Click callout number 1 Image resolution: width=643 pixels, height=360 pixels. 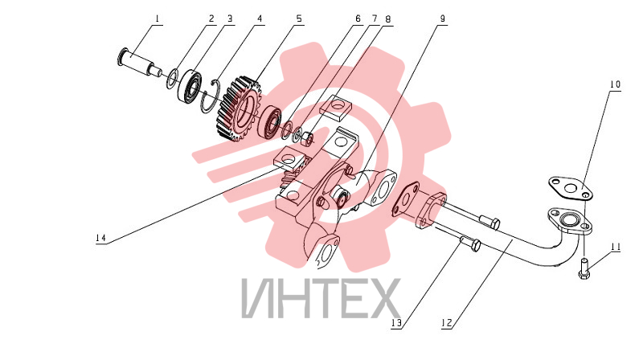[158, 18]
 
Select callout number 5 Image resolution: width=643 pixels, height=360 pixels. [299, 18]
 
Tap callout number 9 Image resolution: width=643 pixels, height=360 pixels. [442, 18]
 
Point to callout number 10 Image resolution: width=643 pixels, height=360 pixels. [615, 85]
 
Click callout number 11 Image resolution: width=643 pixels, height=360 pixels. [616, 247]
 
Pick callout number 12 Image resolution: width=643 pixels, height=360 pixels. [447, 323]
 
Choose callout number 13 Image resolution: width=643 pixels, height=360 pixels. [396, 323]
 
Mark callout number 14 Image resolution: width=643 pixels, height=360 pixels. [101, 238]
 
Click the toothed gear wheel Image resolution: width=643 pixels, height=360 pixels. [237, 108]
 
